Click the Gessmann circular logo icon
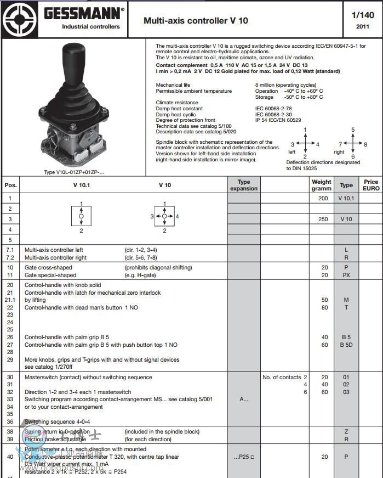(19, 20)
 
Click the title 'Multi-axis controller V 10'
(196, 21)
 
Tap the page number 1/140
(363, 15)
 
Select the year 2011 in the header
(363, 26)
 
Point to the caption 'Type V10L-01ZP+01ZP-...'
(74, 172)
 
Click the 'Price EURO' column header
(371, 185)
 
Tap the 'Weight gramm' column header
(322, 185)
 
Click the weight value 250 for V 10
(323, 219)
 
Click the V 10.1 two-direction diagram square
(81, 217)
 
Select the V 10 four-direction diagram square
(164, 216)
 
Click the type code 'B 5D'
(346, 345)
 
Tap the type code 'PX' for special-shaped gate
(346, 275)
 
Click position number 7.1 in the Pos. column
(10, 250)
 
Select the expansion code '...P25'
(244, 457)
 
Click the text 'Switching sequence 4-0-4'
(57, 421)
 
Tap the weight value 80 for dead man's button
(325, 308)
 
